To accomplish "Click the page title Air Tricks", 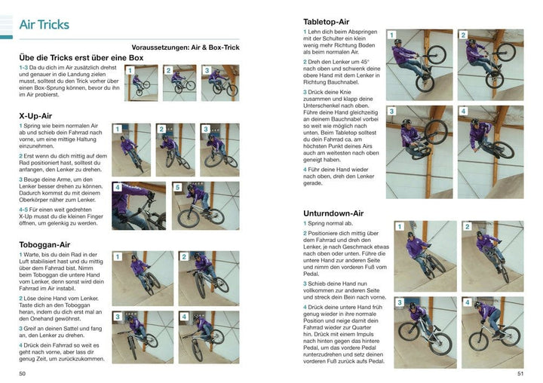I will pyautogui.click(x=44, y=24).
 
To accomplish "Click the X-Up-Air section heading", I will pyautogui.click(x=35, y=115).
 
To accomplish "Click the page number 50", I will pyautogui.click(x=23, y=372).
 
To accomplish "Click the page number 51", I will pyautogui.click(x=519, y=372).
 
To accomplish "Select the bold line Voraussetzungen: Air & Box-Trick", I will pyautogui.click(x=185, y=46).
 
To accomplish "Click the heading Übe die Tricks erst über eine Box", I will pyautogui.click(x=81, y=57).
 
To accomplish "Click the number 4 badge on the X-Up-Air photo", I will pyautogui.click(x=118, y=187).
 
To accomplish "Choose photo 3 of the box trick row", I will pyautogui.click(x=219, y=83).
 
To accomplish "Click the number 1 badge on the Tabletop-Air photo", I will pyautogui.click(x=392, y=35).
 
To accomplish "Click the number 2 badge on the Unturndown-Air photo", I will pyautogui.click(x=467, y=226).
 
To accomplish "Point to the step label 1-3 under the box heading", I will pyautogui.click(x=26, y=68).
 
